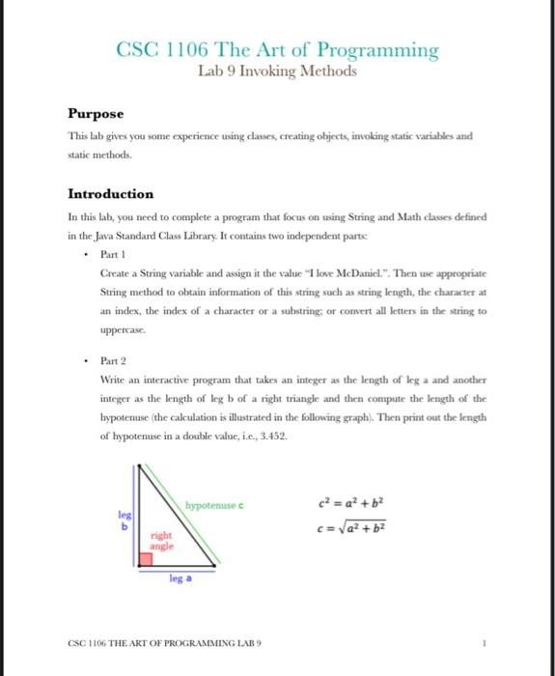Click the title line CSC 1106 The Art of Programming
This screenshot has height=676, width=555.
tap(277, 49)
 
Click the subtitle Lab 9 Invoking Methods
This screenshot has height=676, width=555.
tap(277, 71)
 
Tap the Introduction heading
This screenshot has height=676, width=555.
tap(110, 193)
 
